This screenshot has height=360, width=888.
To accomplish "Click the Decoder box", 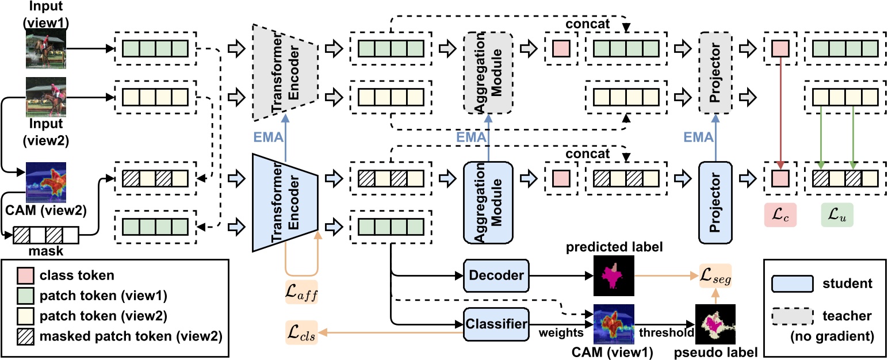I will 496,275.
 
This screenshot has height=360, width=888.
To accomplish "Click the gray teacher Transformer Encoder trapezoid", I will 285,72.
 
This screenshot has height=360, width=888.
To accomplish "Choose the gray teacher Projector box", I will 715,72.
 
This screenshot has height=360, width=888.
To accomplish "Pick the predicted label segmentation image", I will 614,275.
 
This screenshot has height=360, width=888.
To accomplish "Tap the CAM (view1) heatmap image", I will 614,324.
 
